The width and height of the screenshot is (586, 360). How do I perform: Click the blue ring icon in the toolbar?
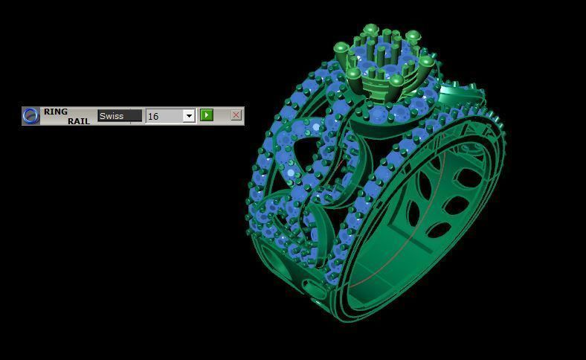(30, 116)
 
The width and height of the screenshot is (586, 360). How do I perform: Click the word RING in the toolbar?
(55, 112)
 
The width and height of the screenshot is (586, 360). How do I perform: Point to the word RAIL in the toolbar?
(79, 120)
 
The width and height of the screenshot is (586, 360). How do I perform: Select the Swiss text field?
(119, 115)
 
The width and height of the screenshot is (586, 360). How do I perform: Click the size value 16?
(163, 116)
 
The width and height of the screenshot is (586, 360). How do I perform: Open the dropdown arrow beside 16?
(189, 116)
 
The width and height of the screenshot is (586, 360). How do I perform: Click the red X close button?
(236, 115)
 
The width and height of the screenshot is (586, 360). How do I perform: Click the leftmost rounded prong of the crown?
(341, 48)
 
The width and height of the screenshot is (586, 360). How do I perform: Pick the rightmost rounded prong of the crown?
(426, 62)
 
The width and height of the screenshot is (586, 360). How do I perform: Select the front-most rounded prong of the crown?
(396, 80)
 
